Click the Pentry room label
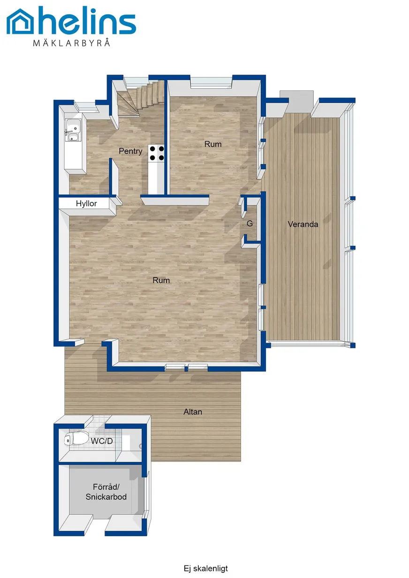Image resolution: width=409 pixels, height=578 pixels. click(130, 151)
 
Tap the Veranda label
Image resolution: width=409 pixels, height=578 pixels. click(303, 224)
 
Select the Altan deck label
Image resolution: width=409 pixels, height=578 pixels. click(193, 412)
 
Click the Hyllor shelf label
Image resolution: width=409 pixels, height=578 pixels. click(86, 203)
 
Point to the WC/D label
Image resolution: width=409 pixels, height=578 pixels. click(102, 441)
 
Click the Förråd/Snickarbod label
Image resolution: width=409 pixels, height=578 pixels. click(106, 492)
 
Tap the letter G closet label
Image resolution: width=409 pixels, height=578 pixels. click(250, 224)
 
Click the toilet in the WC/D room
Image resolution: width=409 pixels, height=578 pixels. click(76, 438)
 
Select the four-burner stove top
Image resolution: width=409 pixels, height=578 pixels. click(157, 153)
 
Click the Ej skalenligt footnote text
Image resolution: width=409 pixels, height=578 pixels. click(206, 569)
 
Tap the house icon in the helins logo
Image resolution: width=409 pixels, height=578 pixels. click(20, 22)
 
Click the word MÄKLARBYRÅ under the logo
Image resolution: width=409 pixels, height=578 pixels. click(71, 42)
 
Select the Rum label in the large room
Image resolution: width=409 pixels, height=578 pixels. click(161, 280)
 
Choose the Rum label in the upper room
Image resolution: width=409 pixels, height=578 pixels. click(213, 144)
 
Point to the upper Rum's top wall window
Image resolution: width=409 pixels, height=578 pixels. click(212, 82)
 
